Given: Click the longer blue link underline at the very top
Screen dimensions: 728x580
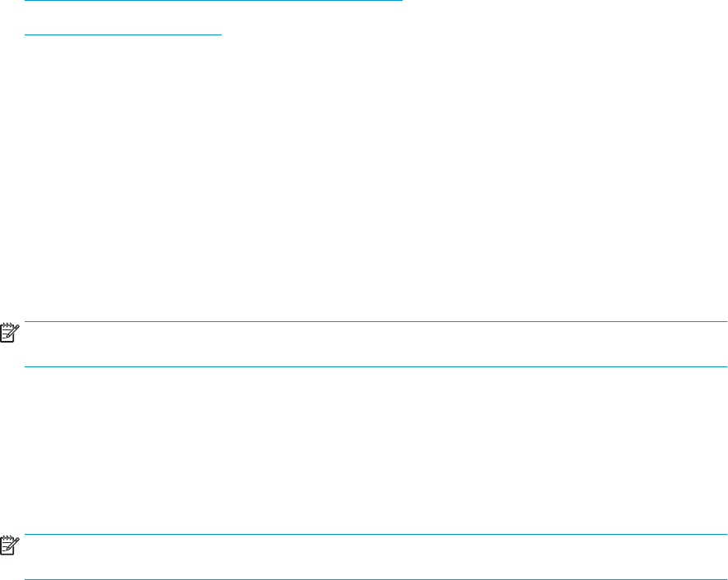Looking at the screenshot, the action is (x=214, y=1).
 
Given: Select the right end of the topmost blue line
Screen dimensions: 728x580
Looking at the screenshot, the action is (x=402, y=1).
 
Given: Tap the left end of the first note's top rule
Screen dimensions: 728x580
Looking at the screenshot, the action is (x=25, y=321).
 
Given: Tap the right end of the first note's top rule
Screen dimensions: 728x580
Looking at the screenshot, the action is (x=726, y=321).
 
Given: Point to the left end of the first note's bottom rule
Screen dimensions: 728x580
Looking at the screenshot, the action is (x=25, y=366).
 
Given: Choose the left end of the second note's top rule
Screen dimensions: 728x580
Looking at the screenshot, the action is (x=25, y=536).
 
